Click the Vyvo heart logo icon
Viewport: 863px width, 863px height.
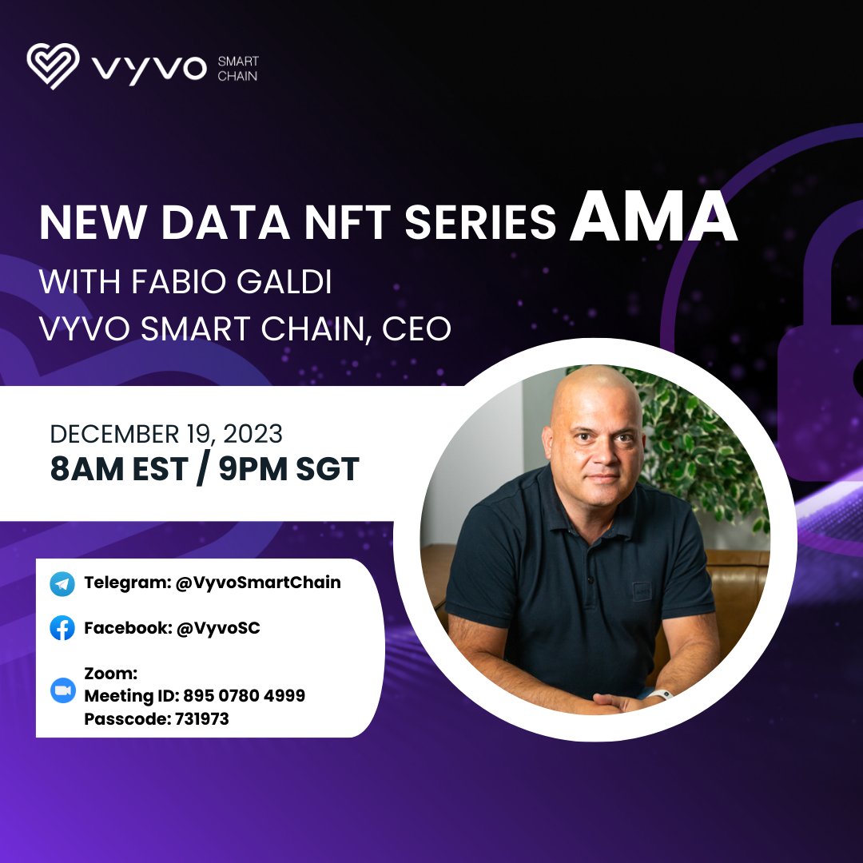(53, 66)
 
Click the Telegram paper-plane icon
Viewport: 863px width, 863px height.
(62, 584)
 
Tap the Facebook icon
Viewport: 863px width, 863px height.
(62, 629)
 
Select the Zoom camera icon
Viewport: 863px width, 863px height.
(62, 691)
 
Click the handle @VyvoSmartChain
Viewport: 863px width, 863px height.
(258, 583)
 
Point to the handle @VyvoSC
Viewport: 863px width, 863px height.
(217, 628)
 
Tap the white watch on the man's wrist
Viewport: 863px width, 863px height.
(661, 694)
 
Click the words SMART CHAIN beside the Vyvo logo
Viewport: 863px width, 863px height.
(237, 69)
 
